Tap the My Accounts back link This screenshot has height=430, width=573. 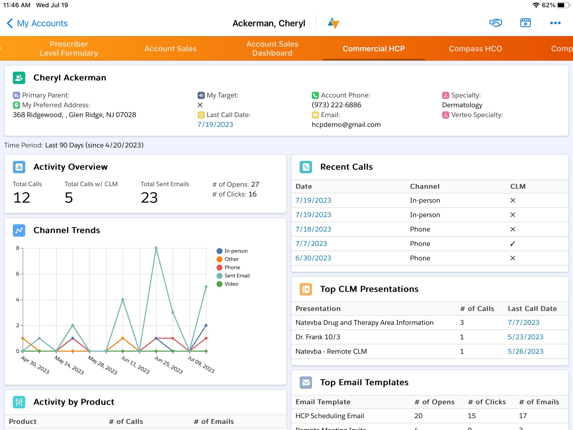(x=37, y=23)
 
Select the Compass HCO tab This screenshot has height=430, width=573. (x=475, y=48)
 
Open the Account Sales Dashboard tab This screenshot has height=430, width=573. (x=272, y=48)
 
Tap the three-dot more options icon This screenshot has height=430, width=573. (x=555, y=23)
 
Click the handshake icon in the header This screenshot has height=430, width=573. (x=495, y=23)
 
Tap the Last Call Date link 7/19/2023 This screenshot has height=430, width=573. (x=215, y=125)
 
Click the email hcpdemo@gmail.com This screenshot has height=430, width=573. (x=346, y=125)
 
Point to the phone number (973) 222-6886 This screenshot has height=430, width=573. (x=336, y=105)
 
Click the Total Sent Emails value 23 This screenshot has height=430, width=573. (x=149, y=198)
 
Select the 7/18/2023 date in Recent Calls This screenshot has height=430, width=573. (x=313, y=229)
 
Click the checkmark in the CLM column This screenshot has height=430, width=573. (x=512, y=244)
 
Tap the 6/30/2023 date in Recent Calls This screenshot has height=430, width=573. (x=313, y=258)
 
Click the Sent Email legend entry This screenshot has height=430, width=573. (x=237, y=276)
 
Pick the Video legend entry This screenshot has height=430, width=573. (x=231, y=284)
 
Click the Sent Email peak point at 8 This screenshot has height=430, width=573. (x=156, y=248)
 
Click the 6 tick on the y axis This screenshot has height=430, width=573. (x=18, y=274)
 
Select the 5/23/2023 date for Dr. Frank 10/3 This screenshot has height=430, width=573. (x=525, y=337)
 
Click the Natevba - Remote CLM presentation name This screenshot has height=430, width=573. (x=331, y=351)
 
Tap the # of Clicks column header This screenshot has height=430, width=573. (x=486, y=402)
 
